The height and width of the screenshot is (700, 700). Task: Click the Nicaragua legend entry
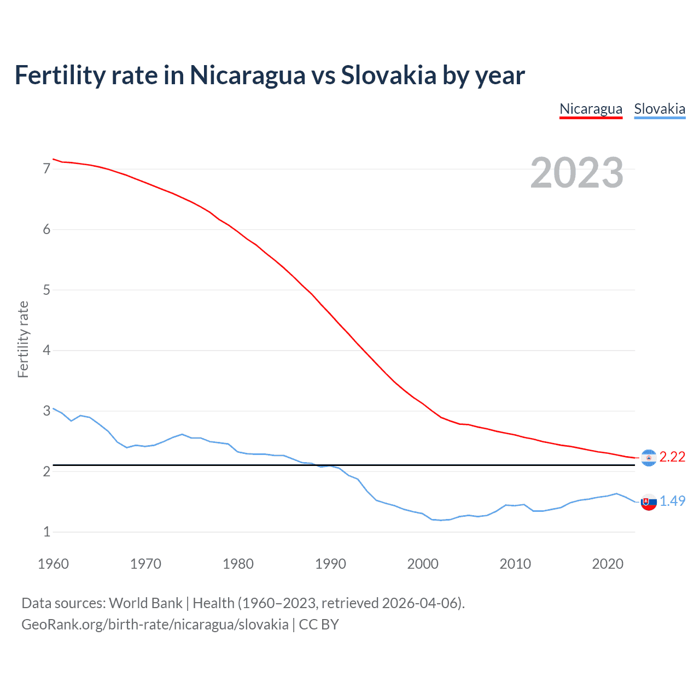pyautogui.click(x=591, y=109)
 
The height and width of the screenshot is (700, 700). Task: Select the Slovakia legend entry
pyautogui.click(x=660, y=109)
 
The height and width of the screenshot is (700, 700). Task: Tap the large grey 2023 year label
pyautogui.click(x=577, y=173)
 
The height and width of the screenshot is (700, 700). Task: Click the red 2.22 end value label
pyautogui.click(x=672, y=457)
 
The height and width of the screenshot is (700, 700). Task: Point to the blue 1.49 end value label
pyautogui.click(x=672, y=501)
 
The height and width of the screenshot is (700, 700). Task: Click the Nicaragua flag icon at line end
pyautogui.click(x=649, y=458)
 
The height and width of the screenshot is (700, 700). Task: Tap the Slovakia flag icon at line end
pyautogui.click(x=649, y=502)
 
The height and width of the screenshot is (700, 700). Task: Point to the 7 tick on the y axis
pyautogui.click(x=46, y=169)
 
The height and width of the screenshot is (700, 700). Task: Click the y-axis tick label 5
pyautogui.click(x=46, y=290)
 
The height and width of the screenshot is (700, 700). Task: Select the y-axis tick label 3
pyautogui.click(x=46, y=411)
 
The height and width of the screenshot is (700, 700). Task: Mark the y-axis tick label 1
pyautogui.click(x=46, y=532)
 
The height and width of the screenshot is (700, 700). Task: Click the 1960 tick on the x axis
pyautogui.click(x=53, y=564)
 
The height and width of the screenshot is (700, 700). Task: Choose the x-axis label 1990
pyautogui.click(x=330, y=564)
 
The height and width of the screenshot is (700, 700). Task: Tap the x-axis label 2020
pyautogui.click(x=608, y=564)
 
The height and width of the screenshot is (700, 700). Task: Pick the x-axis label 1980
pyautogui.click(x=238, y=564)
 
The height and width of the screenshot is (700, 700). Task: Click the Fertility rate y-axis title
pyautogui.click(x=23, y=339)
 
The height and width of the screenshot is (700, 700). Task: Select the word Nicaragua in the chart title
pyautogui.click(x=247, y=75)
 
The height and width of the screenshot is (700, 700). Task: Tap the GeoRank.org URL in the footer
pyautogui.click(x=155, y=625)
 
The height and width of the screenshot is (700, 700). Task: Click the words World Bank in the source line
pyautogui.click(x=145, y=603)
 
